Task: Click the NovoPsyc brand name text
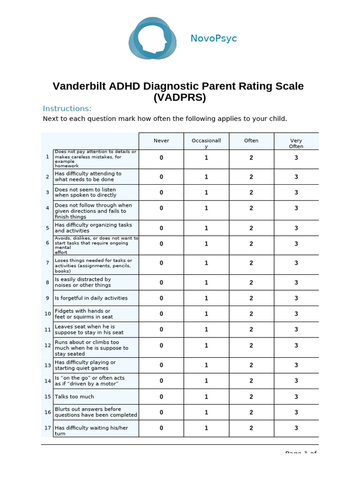pyautogui.click(x=213, y=38)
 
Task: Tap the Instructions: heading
pyautogui.click(x=67, y=109)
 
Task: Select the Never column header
pyautogui.click(x=161, y=141)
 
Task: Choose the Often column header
pyautogui.click(x=251, y=141)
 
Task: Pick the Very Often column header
pyautogui.click(x=296, y=143)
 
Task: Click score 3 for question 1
pyautogui.click(x=296, y=158)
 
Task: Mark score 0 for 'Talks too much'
pyautogui.click(x=161, y=397)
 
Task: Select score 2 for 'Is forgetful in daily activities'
pyautogui.click(x=251, y=298)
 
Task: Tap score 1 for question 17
pyautogui.click(x=206, y=428)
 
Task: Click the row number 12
pyautogui.click(x=47, y=345)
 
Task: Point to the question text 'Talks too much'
pyautogui.click(x=74, y=397)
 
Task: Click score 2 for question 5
pyautogui.click(x=251, y=228)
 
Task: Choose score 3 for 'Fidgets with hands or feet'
pyautogui.click(x=296, y=314)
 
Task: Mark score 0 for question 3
pyautogui.click(x=161, y=192)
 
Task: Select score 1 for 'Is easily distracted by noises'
pyautogui.click(x=206, y=282)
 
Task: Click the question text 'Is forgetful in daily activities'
pyautogui.click(x=91, y=298)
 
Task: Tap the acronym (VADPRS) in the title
pyautogui.click(x=180, y=98)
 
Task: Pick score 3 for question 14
pyautogui.click(x=296, y=381)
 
